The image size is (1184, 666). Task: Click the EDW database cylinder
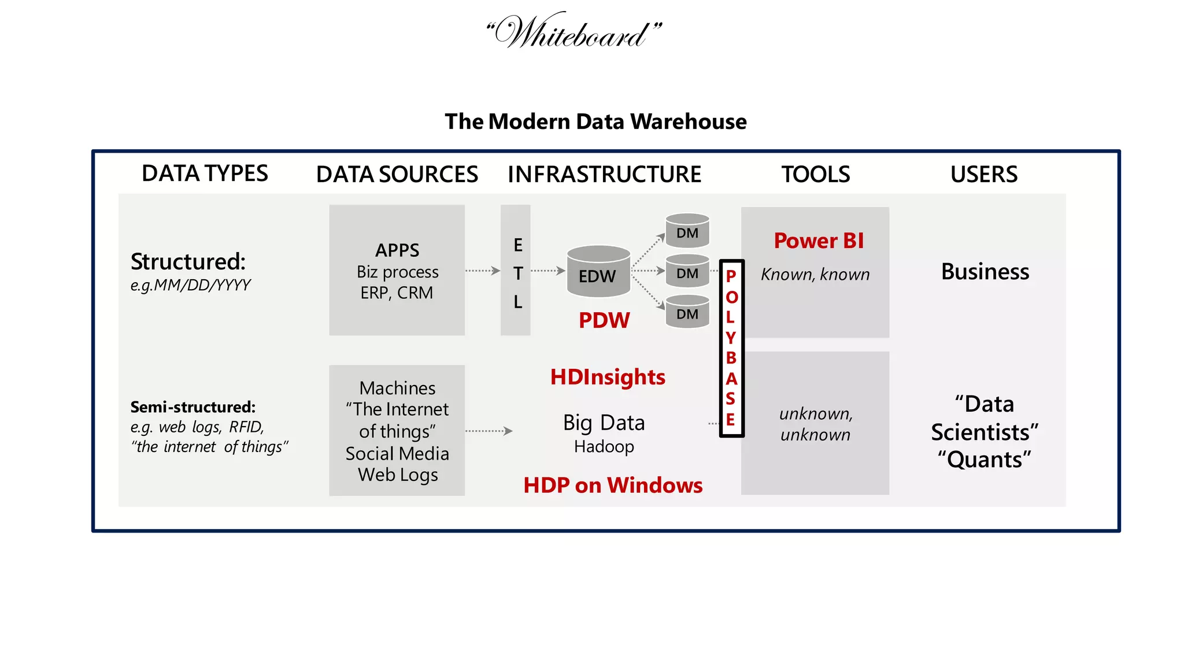point(598,272)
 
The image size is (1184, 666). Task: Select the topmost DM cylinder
point(687,231)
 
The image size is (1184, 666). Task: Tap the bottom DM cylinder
point(687,312)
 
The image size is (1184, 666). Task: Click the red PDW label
point(604,320)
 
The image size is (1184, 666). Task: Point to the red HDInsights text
point(608,377)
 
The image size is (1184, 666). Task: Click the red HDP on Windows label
point(613,485)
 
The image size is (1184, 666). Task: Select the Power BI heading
point(819,240)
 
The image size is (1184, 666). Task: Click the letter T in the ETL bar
point(518,273)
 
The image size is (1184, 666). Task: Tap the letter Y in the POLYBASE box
point(731,338)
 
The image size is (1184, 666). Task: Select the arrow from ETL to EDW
point(547,271)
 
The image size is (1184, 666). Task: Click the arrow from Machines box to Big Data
point(489,431)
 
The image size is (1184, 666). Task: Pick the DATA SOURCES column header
point(397,174)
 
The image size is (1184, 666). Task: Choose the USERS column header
point(984,174)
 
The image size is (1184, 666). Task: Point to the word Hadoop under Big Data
point(604,447)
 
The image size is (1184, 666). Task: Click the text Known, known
point(815,275)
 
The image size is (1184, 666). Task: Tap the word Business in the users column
point(985,272)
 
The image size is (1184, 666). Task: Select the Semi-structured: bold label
point(193,407)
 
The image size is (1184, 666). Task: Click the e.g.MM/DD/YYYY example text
point(191,285)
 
